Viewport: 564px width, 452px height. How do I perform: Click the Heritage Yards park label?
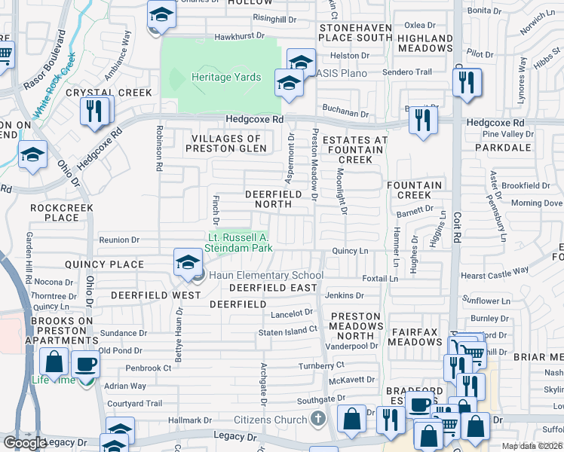tap(225, 78)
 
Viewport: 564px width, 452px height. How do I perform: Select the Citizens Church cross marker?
tap(319, 419)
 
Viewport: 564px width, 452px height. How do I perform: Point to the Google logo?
tap(25, 443)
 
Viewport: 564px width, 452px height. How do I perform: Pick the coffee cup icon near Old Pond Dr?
tap(85, 364)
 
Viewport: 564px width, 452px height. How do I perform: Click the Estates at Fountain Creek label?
tap(354, 150)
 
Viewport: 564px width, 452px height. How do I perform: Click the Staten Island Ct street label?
tap(288, 331)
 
